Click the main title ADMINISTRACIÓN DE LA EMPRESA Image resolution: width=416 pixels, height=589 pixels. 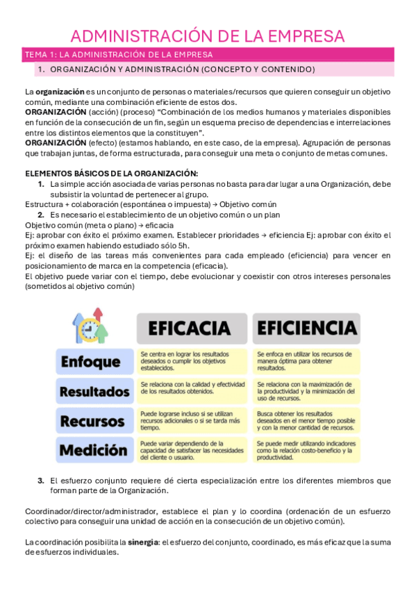pyautogui.click(x=208, y=35)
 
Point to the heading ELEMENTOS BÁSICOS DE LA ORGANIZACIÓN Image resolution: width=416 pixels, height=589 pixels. pyautogui.click(x=111, y=173)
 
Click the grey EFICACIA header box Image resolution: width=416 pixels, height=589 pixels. pyautogui.click(x=190, y=327)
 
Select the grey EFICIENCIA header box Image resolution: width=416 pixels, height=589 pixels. pyautogui.click(x=306, y=327)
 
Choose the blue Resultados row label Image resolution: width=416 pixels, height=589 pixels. pyautogui.click(x=94, y=391)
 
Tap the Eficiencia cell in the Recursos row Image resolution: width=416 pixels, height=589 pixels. pyautogui.click(x=306, y=421)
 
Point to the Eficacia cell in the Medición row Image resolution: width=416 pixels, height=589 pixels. pyautogui.click(x=191, y=450)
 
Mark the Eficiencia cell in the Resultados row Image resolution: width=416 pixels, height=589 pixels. pyautogui.click(x=306, y=391)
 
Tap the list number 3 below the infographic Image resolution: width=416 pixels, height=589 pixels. pyautogui.click(x=40, y=481)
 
